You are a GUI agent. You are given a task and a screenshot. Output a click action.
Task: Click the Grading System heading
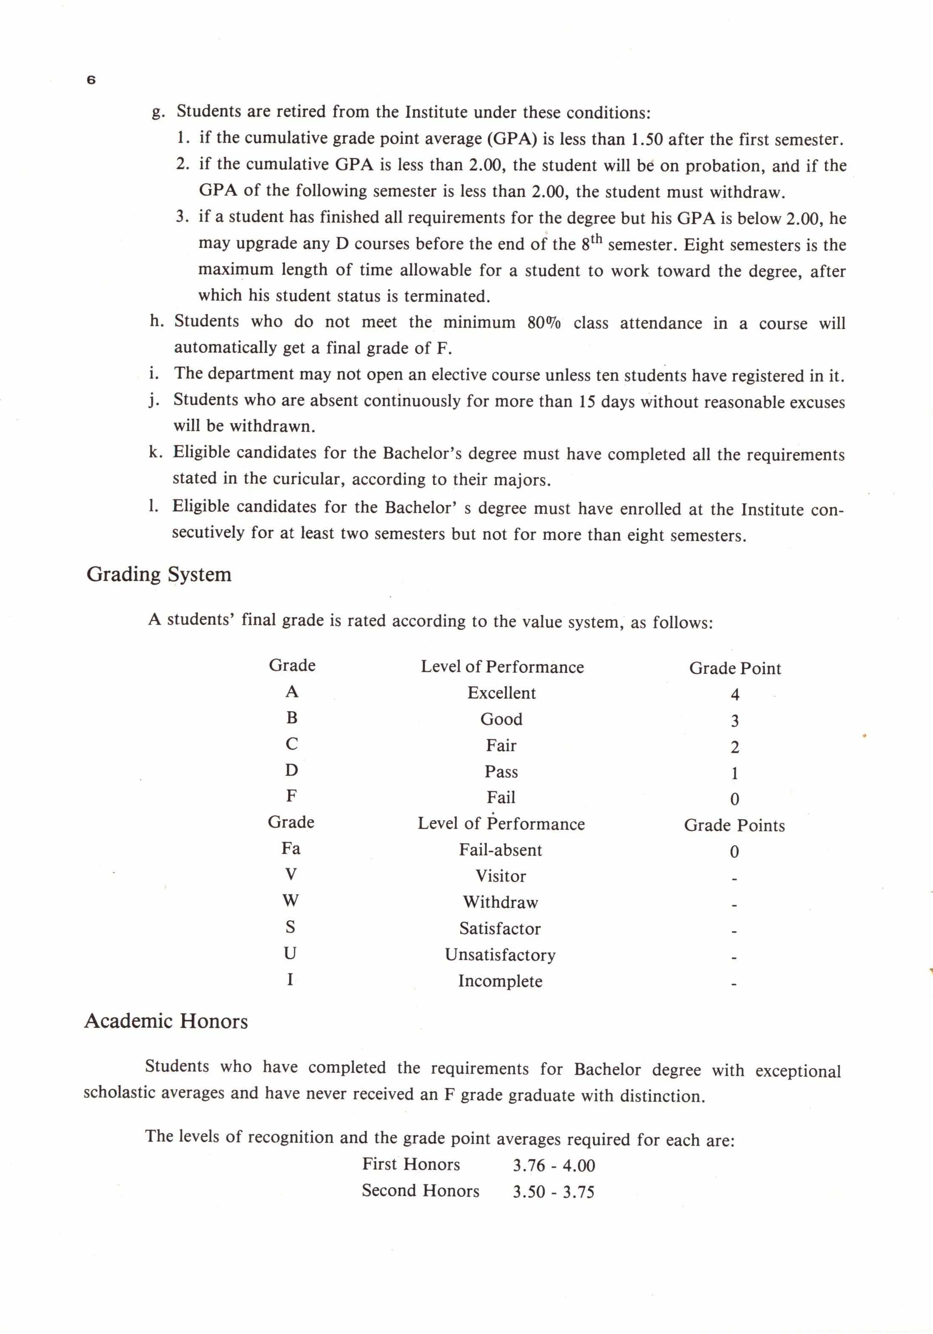pos(158,574)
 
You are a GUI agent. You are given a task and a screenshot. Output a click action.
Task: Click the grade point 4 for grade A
pos(735,694)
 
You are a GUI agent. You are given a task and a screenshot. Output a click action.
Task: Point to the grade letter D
pos(291,770)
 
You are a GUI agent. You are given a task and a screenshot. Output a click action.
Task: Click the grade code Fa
pos(291,848)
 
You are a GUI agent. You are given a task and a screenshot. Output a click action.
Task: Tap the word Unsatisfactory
pos(500,955)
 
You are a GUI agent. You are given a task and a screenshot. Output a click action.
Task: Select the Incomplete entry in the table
pos(500,981)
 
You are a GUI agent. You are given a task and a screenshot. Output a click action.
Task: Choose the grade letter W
pos(290,900)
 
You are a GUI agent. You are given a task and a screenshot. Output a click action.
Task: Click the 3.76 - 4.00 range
pos(553,1165)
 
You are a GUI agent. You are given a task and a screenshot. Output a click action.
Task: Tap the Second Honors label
pos(420,1190)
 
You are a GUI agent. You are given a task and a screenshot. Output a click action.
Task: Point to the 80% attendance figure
pos(543,323)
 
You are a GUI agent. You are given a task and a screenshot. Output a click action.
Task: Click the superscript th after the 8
pos(596,238)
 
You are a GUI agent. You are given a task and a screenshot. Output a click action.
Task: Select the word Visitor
pos(500,876)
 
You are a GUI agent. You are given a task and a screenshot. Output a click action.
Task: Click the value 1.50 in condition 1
pos(647,139)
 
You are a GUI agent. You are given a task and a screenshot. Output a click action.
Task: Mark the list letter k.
pos(154,452)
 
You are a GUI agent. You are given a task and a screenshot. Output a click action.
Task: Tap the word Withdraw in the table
pos(500,903)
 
